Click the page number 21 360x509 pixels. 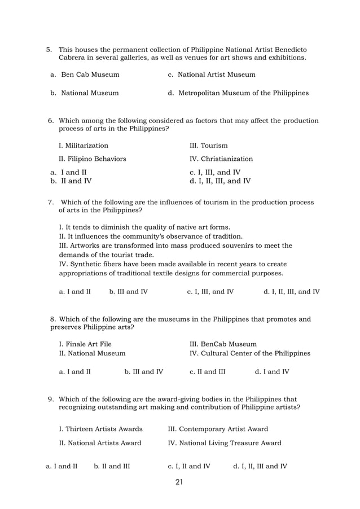[x=180, y=482]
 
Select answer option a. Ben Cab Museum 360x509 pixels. [x=85, y=74]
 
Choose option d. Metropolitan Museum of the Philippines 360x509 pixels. [x=238, y=93]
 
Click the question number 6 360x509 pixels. [x=51, y=121]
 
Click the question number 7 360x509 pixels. [x=51, y=202]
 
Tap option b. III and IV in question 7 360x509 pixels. [x=128, y=292]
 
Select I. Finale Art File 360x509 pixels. [x=85, y=344]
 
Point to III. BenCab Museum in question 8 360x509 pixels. [x=223, y=344]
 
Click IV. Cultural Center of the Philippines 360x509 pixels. [x=250, y=353]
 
